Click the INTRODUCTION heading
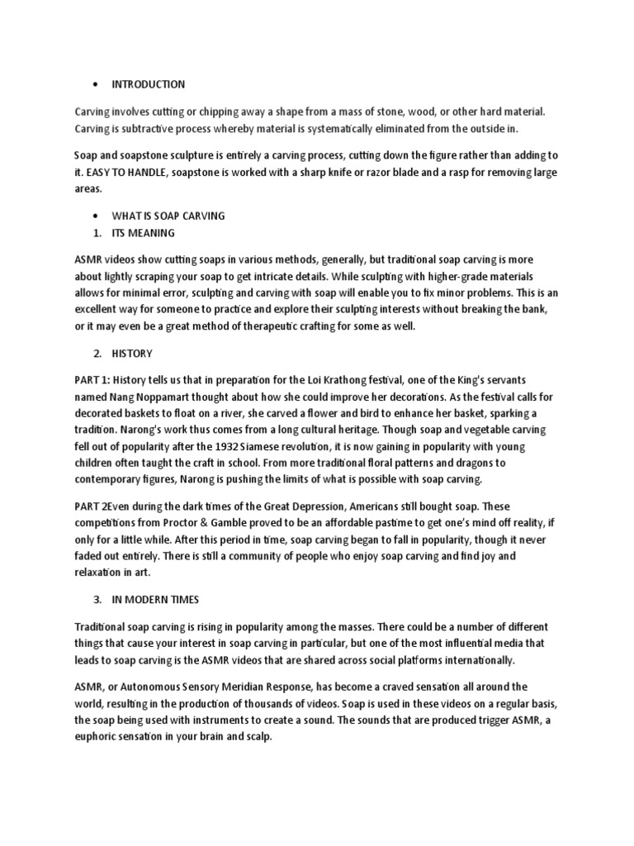click(x=149, y=84)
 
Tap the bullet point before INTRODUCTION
click(x=97, y=84)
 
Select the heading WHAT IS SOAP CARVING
click(x=168, y=216)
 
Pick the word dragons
click(x=481, y=463)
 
